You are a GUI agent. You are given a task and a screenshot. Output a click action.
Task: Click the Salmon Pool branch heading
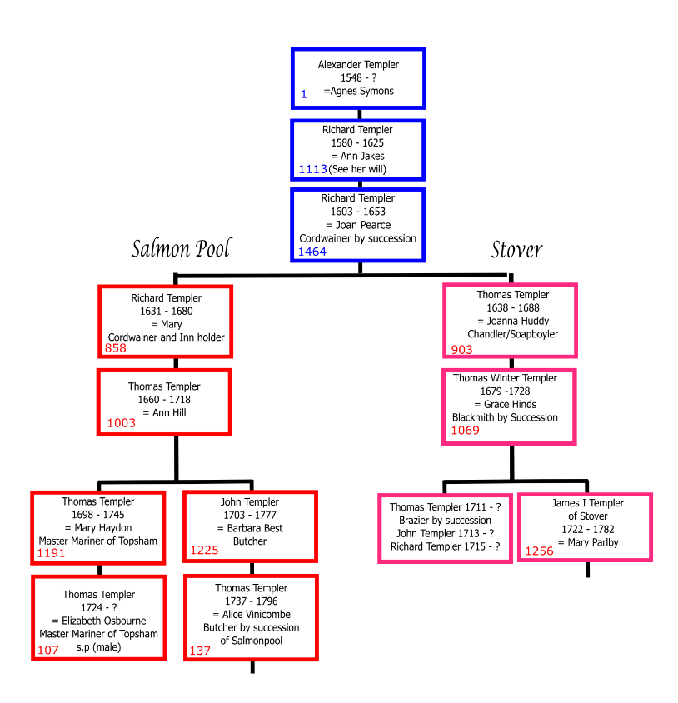(x=181, y=248)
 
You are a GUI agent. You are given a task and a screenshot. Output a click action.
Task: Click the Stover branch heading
(x=516, y=249)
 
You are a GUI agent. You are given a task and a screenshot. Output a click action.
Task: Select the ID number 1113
(x=313, y=169)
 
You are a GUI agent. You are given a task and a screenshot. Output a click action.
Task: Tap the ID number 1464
(x=312, y=252)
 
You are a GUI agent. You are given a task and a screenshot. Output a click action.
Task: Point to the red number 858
(x=115, y=348)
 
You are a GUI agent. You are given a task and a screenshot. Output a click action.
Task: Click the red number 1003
(x=121, y=424)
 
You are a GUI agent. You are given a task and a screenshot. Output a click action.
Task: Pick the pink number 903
(x=461, y=349)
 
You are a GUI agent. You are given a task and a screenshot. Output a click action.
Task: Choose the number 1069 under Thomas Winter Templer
(x=466, y=431)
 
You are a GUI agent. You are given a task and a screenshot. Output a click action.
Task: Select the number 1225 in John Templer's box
(x=204, y=550)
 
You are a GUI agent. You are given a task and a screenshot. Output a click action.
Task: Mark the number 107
(x=48, y=650)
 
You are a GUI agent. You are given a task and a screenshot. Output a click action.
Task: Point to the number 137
(x=200, y=651)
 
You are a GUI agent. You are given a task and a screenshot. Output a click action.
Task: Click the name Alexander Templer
(x=358, y=65)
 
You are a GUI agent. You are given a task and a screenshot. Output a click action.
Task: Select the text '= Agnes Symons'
(x=359, y=92)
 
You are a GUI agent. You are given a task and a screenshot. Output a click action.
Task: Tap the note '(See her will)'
(x=358, y=169)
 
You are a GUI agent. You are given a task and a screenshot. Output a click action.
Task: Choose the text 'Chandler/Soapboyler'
(x=512, y=334)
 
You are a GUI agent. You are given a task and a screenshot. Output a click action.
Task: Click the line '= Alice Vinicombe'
(x=251, y=615)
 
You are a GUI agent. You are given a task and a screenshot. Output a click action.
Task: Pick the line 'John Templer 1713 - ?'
(x=445, y=534)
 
